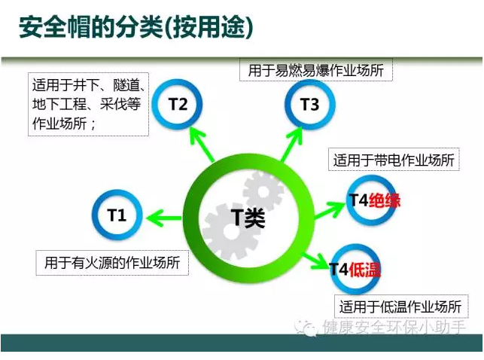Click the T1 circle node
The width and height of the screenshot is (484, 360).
[117, 215]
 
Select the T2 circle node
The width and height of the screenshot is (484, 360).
[178, 105]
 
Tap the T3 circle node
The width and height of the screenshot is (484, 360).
[309, 105]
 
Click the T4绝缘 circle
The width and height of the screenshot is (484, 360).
[372, 200]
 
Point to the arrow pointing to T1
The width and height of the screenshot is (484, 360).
[164, 219]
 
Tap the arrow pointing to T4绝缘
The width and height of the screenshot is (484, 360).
[329, 209]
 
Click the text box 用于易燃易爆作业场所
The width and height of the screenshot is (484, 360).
[316, 72]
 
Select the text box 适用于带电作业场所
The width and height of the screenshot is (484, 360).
[394, 160]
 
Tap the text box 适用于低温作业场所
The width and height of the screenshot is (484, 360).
[400, 307]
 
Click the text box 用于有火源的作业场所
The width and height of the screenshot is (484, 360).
[111, 263]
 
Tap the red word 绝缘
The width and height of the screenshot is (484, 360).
[384, 200]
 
